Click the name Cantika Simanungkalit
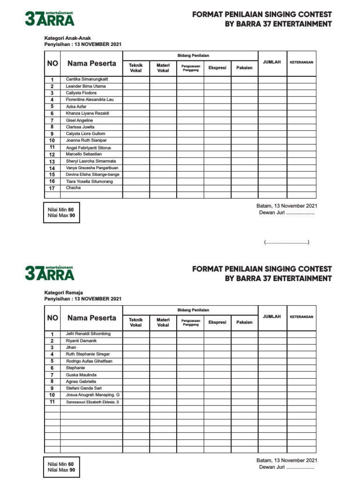[x=87, y=79]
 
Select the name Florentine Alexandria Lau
[x=90, y=100]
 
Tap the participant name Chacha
[x=74, y=188]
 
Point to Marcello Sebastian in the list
[x=84, y=154]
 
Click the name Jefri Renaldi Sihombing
[x=88, y=334]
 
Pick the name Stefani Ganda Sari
[x=84, y=389]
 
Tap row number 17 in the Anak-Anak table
[x=52, y=188]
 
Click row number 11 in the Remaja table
[x=52, y=402]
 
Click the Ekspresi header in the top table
[x=217, y=68]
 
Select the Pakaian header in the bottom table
[x=244, y=322]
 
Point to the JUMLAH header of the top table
[x=272, y=62]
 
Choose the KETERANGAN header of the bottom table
[x=301, y=317]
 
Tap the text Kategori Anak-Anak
[x=67, y=37]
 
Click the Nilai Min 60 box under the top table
[x=61, y=213]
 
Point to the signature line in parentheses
[x=286, y=242]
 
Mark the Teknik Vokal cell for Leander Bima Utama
[x=136, y=86]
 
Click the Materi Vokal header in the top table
[x=163, y=68]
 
